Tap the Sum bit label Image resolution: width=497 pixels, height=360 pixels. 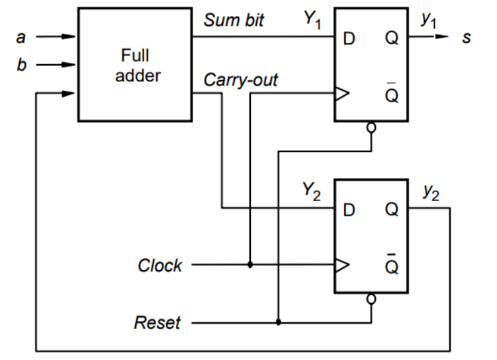tap(234, 21)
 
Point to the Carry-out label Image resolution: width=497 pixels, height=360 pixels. tap(241, 81)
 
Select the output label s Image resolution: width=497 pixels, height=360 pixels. tap(467, 37)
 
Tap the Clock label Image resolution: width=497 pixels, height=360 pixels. tap(159, 265)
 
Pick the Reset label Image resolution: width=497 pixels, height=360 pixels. tap(157, 323)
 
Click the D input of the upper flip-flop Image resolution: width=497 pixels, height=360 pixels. tap(349, 38)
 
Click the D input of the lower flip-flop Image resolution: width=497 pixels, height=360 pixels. tap(349, 209)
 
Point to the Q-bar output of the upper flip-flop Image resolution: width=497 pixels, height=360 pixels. tap(392, 95)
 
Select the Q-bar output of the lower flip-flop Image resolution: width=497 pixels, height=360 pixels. tap(392, 265)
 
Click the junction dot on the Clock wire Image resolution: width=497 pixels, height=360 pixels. tap(250, 265)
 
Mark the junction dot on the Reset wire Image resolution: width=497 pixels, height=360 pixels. tap(278, 323)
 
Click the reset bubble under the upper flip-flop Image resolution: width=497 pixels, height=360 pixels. tap(371, 126)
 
